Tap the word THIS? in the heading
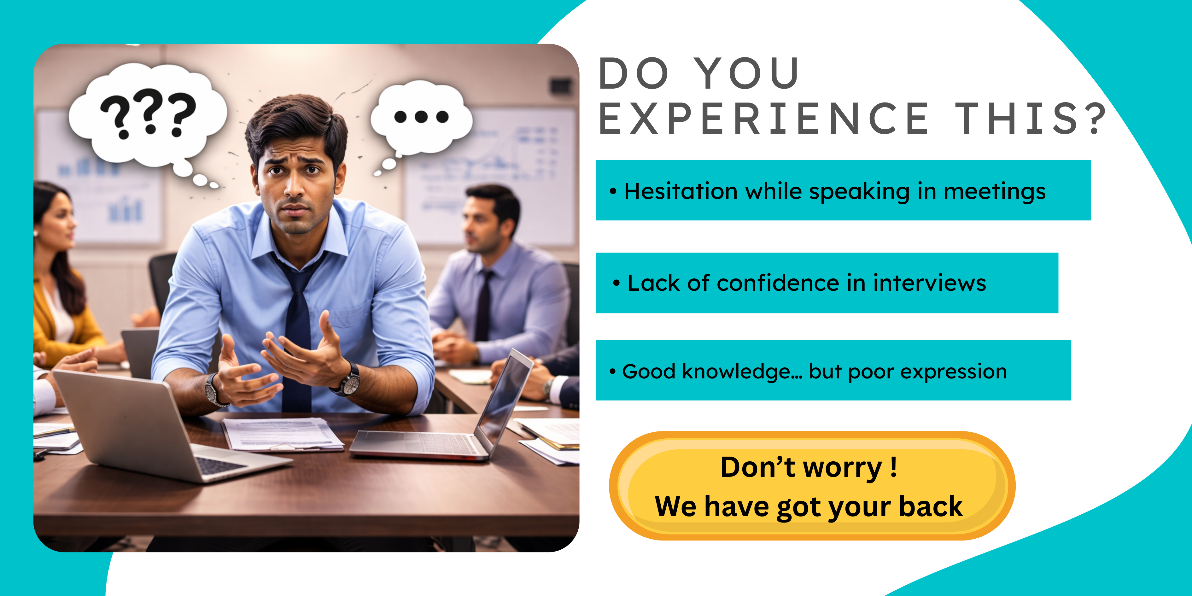(x=1031, y=119)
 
